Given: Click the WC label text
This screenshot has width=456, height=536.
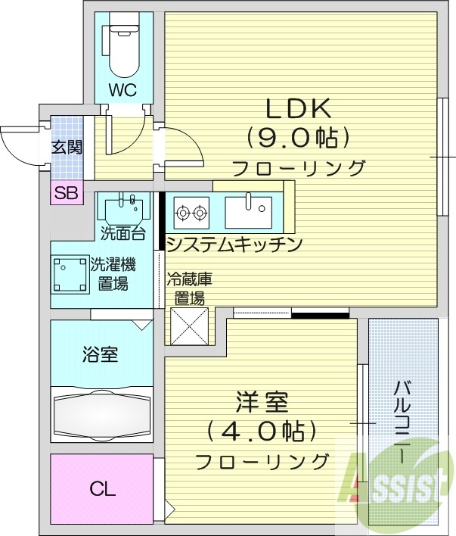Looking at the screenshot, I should click(121, 90).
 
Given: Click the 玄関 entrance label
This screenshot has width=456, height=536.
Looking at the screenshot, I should click(66, 147).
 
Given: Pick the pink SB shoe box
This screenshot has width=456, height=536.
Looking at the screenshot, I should click(66, 192).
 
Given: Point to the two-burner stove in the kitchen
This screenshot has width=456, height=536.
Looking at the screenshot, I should click(191, 212).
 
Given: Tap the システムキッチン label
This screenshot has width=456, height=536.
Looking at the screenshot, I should click(234, 245).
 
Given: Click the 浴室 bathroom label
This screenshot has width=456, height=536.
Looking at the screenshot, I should click(100, 353).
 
